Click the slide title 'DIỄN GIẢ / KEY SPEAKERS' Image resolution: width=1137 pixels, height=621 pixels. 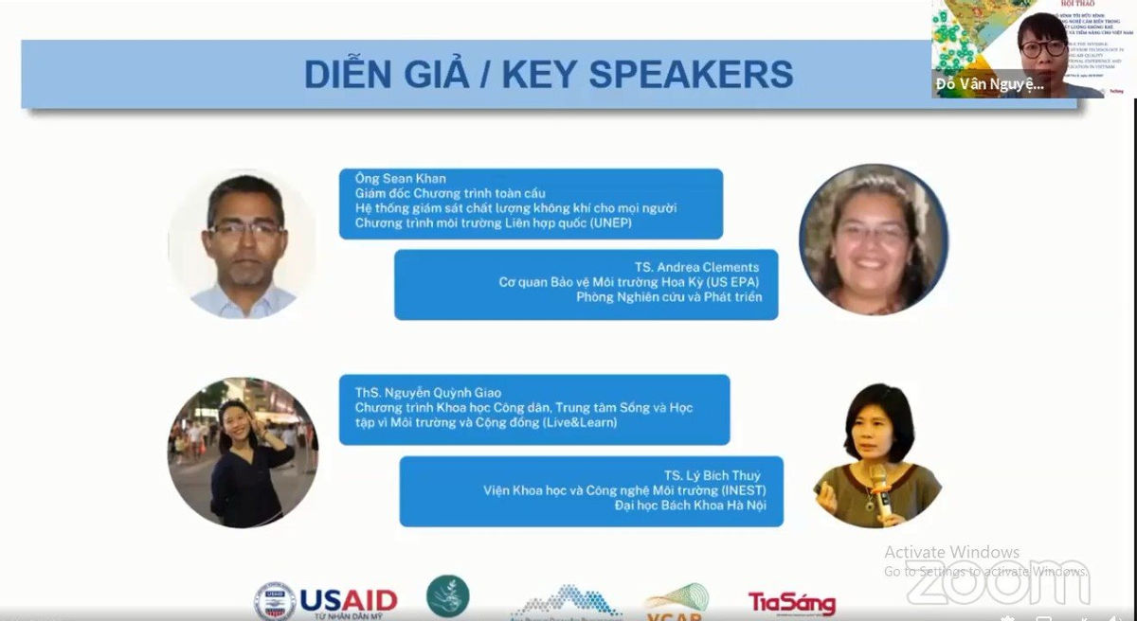tap(549, 74)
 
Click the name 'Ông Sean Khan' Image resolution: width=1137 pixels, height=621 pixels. tap(400, 179)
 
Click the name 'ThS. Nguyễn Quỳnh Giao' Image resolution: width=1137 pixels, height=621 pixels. tap(428, 393)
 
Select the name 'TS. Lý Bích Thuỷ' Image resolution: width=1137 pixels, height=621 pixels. tap(712, 475)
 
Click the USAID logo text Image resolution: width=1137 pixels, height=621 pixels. tap(348, 600)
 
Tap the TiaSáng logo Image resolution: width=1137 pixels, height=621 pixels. tap(792, 603)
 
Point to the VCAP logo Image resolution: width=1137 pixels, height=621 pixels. tap(677, 603)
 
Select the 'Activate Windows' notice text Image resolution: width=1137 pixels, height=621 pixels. tap(951, 552)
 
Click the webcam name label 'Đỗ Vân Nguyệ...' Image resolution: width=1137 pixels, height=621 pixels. tap(989, 84)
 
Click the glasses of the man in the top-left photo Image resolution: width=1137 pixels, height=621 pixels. tap(245, 228)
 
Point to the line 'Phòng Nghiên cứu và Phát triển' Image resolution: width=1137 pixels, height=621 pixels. tap(669, 297)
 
